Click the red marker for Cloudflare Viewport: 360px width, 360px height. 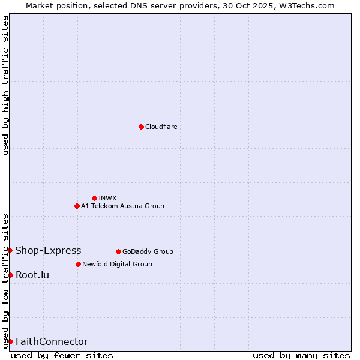tap(141, 127)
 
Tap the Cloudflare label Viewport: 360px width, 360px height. tap(161, 127)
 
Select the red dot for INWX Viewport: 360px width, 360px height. tap(94, 198)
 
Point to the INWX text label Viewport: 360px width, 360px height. tap(107, 198)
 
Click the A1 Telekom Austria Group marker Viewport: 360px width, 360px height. tap(77, 206)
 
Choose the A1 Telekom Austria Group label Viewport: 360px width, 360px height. tap(122, 206)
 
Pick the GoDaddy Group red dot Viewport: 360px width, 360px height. tap(118, 251)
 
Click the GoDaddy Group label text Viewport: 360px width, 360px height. tap(148, 251)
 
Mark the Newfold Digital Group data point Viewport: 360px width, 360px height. tap(78, 264)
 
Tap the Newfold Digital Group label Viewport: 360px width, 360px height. tap(117, 264)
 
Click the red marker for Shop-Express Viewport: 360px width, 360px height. tap(10, 250)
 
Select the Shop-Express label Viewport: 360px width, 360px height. tap(48, 250)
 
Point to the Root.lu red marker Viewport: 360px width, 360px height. tap(10, 275)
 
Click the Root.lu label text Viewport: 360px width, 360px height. tap(32, 275)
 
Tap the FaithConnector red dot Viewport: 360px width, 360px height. tap(10, 341)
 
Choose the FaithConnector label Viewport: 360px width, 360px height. tap(52, 341)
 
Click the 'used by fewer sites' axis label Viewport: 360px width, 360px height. tap(62, 355)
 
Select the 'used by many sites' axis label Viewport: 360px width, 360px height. tap(301, 355)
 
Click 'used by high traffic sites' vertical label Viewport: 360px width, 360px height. tap(5, 85)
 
